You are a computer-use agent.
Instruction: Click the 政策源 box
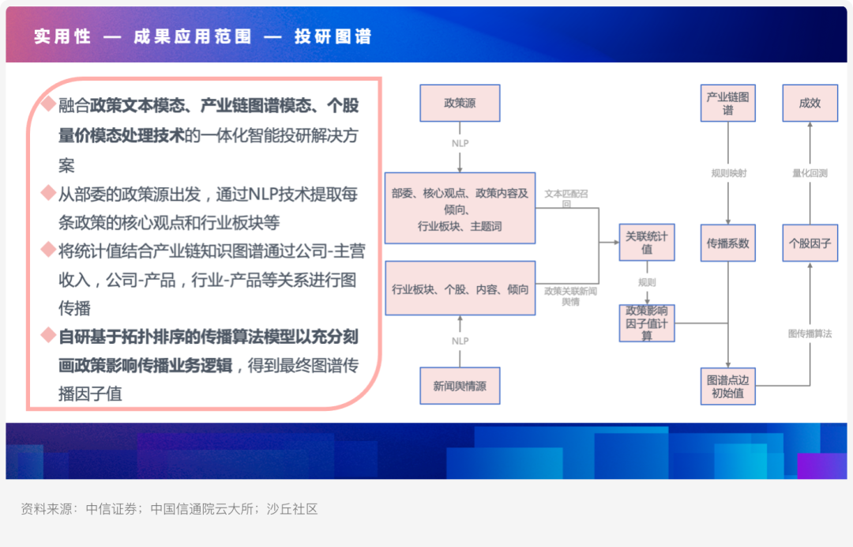[x=460, y=103]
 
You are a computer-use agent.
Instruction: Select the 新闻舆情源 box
[x=460, y=386]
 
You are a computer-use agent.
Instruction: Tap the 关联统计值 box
[x=647, y=243]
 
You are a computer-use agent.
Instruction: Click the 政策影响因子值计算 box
[x=647, y=323]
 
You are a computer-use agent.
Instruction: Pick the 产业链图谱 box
[x=727, y=104]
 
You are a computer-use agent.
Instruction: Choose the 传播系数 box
[x=727, y=243]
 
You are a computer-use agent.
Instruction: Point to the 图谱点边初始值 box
[x=727, y=387]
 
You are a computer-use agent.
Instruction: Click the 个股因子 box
[x=810, y=243]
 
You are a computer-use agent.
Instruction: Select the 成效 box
[x=810, y=103]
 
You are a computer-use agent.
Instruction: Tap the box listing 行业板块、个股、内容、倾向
[x=460, y=289]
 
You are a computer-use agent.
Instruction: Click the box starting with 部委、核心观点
[x=460, y=209]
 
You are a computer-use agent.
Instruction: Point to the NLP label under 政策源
[x=460, y=144]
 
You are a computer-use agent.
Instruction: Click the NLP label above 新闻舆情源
[x=460, y=341]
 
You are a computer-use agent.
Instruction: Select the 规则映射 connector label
[x=728, y=173]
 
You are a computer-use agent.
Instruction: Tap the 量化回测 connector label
[x=810, y=173]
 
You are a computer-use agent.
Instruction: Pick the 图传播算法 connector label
[x=810, y=334]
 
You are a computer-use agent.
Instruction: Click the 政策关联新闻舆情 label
[x=570, y=296]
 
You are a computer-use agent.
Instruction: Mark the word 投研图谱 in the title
[x=333, y=36]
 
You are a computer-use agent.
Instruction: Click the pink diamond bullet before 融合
[x=48, y=104]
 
